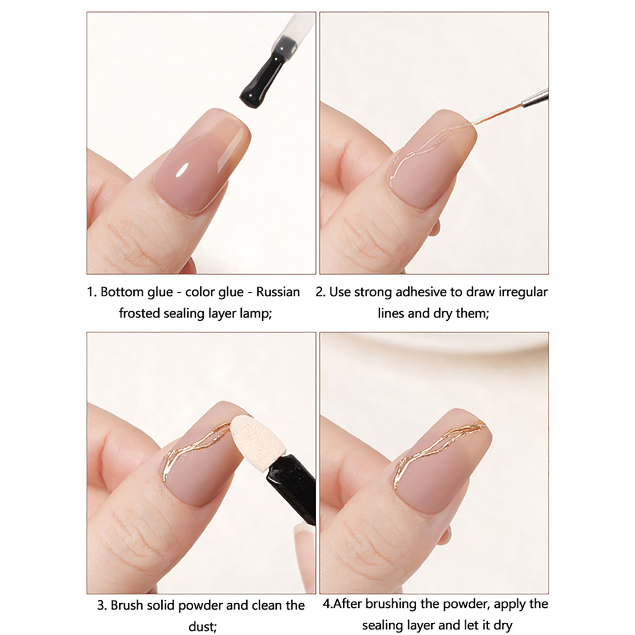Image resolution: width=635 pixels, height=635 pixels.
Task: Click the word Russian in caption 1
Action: pos(278,292)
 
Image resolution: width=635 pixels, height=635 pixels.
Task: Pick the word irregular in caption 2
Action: pos(523,292)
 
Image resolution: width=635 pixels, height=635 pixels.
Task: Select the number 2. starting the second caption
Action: pos(321,292)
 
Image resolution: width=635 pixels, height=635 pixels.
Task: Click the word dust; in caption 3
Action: pos(202,627)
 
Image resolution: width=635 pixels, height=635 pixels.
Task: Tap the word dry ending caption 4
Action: pos(503,626)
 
